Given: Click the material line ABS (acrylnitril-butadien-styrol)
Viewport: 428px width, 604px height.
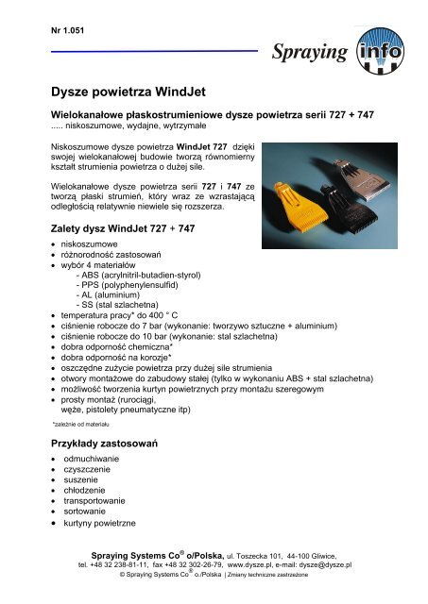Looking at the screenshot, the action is tap(149, 275).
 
